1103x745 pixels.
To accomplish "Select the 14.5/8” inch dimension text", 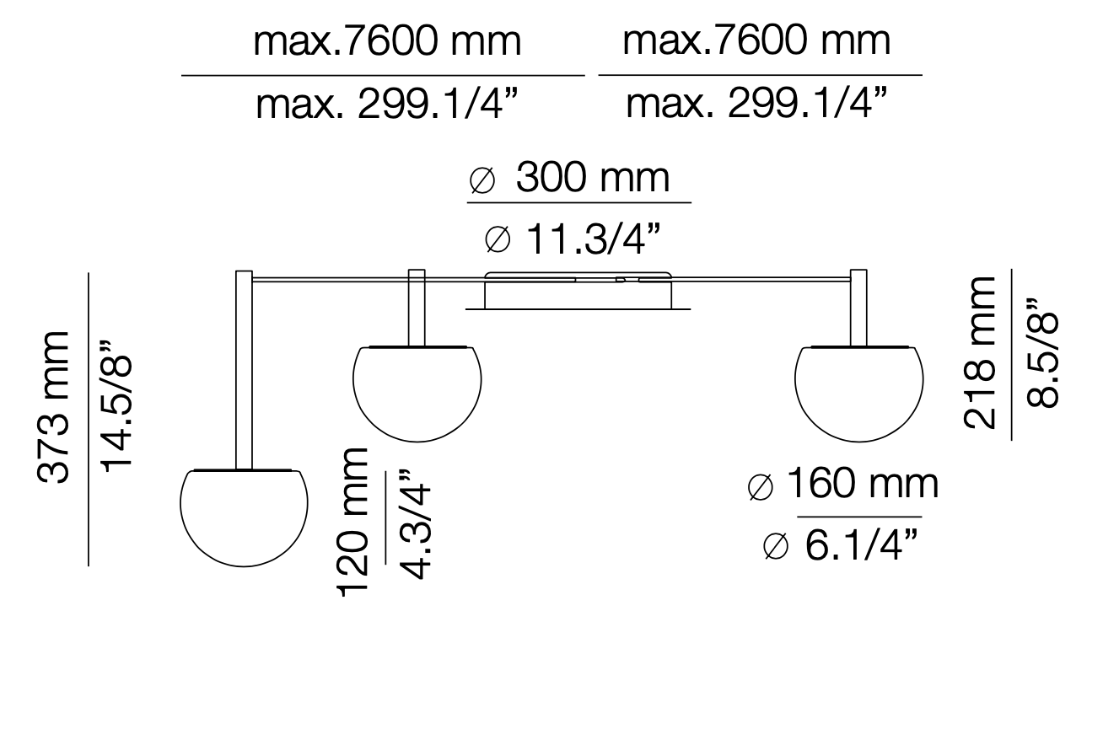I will (x=116, y=407).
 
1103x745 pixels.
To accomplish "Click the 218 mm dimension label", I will (x=980, y=352).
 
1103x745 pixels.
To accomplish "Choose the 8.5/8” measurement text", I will (x=1042, y=352).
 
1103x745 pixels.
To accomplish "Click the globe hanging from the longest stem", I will (x=244, y=517).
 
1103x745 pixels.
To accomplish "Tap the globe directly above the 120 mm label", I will (x=417, y=393).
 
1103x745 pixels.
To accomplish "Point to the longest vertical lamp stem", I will (x=244, y=371).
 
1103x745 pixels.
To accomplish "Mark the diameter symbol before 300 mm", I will (x=482, y=180).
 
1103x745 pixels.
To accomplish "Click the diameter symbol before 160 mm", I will (x=761, y=487).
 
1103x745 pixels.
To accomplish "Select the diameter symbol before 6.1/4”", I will (x=776, y=547).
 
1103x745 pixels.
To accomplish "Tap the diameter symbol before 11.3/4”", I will (x=498, y=241).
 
